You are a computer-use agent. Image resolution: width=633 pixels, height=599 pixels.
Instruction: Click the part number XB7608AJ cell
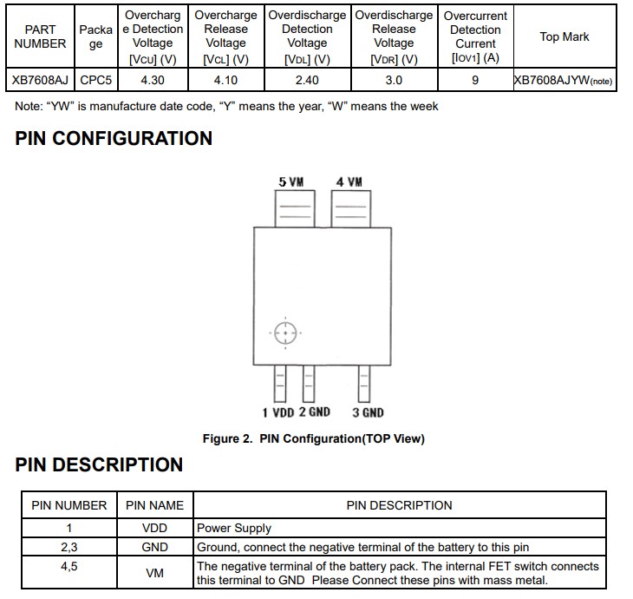click(x=40, y=80)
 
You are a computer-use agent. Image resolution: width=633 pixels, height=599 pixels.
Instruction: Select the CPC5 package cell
click(x=97, y=80)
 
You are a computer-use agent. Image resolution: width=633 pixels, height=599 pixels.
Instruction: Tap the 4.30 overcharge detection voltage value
click(x=153, y=80)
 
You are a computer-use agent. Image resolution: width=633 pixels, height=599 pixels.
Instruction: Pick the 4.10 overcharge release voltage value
click(x=226, y=80)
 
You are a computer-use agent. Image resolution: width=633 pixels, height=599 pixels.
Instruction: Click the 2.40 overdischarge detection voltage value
click(x=307, y=80)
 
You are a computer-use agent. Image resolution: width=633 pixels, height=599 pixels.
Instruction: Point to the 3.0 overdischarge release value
click(x=394, y=80)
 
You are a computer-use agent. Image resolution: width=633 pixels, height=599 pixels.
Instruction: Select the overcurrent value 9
click(x=475, y=80)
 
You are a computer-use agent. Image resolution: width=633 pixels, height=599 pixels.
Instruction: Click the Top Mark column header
click(x=564, y=36)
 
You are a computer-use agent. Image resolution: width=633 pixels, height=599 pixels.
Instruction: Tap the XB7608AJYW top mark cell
click(x=564, y=80)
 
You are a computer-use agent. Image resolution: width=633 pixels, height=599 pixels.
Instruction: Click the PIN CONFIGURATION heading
click(x=114, y=139)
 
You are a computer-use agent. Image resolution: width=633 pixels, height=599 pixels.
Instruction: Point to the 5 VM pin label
click(x=290, y=181)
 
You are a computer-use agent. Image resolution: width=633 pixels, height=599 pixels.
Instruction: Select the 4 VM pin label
click(x=349, y=181)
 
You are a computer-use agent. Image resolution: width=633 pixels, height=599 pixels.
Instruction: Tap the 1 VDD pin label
click(x=277, y=412)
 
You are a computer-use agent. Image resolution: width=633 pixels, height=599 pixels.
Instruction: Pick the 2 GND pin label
click(x=315, y=412)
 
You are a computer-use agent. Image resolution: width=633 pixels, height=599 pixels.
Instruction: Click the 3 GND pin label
click(x=368, y=412)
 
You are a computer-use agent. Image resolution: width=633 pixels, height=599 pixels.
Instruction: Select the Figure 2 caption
click(x=313, y=438)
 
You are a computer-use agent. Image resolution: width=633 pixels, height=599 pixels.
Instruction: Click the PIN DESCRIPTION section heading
click(x=99, y=464)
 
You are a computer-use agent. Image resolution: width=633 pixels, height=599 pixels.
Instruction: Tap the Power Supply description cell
click(x=234, y=528)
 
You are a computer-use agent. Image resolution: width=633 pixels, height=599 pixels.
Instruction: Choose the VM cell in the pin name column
click(x=154, y=573)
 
